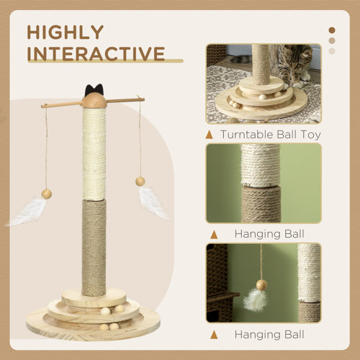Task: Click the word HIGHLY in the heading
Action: (66, 33)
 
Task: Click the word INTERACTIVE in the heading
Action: (96, 54)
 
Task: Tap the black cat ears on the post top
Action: (94, 91)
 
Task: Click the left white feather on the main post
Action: (27, 211)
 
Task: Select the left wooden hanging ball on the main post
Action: (46, 194)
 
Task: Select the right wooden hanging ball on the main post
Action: (140, 181)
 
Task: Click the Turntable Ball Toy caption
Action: (270, 135)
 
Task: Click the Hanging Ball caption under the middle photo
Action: (269, 234)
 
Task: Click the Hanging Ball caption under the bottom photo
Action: (269, 334)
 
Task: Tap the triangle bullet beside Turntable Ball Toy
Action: (210, 135)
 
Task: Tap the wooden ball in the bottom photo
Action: (261, 285)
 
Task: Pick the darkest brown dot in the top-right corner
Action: (332, 30)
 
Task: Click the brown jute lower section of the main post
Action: (94, 245)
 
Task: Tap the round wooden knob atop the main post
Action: (94, 102)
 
